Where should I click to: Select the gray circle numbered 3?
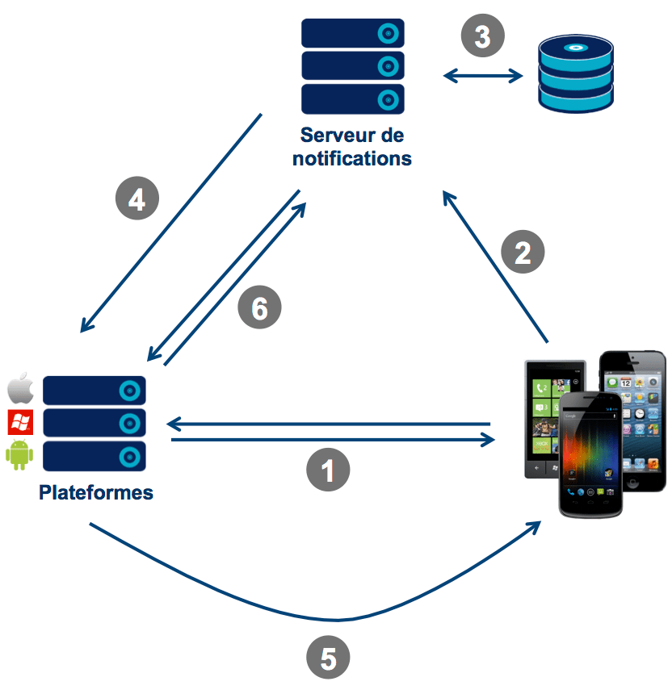point(482,36)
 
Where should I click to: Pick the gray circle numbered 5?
point(328,658)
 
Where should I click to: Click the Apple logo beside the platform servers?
point(19,389)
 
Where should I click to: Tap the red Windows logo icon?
point(19,422)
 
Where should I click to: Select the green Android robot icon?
point(19,455)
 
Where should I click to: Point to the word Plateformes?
point(96,491)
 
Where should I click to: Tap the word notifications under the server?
point(352,157)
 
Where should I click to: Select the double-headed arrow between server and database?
point(483,77)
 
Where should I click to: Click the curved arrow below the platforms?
point(323,617)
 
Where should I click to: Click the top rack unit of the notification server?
point(352,33)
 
